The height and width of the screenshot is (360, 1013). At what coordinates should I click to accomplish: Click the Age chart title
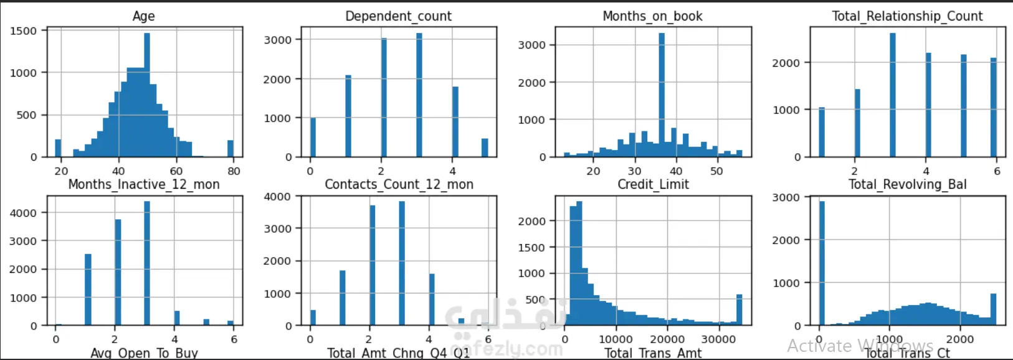[x=143, y=16]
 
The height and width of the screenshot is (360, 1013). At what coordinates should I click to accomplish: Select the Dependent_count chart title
[x=398, y=16]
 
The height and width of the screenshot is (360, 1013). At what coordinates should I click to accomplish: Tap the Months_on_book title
[x=652, y=16]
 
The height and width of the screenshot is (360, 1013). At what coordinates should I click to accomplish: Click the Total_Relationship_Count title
[x=907, y=16]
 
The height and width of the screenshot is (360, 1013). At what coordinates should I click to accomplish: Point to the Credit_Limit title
[x=653, y=184]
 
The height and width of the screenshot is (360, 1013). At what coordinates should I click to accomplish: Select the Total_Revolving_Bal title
[x=907, y=184]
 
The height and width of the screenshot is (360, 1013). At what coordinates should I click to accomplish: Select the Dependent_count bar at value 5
[x=485, y=148]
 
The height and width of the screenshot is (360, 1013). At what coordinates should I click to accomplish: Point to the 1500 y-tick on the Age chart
[x=24, y=31]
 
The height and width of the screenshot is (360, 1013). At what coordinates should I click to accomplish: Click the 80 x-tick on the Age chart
[x=234, y=171]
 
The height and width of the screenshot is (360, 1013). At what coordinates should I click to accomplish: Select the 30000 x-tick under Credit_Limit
[x=718, y=339]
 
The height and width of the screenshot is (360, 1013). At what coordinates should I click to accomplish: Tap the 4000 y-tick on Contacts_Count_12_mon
[x=277, y=197]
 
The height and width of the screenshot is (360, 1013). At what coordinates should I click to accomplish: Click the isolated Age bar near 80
[x=231, y=148]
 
